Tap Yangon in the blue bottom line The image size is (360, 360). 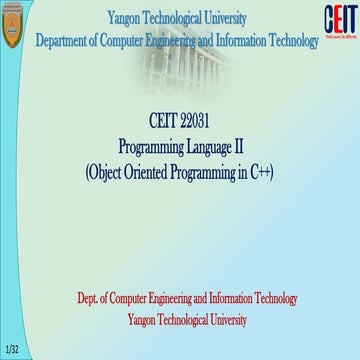point(147,320)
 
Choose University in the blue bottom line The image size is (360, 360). point(226,320)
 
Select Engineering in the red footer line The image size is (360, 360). point(175,299)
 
